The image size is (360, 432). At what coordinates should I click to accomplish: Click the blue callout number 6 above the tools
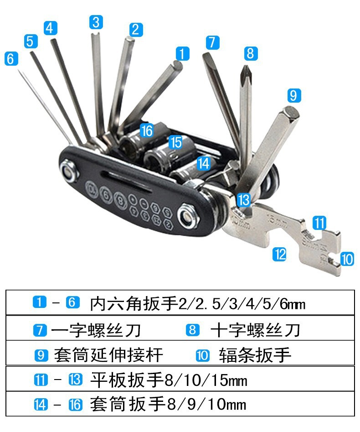11,59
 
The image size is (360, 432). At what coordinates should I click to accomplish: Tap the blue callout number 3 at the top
96,22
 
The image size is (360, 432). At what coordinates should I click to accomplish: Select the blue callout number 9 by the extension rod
294,95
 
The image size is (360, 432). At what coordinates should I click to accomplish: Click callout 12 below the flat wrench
279,254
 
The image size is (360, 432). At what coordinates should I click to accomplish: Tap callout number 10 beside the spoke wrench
347,259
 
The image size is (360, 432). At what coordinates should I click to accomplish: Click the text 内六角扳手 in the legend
134,303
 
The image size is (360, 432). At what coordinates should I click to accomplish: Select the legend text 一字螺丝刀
96,330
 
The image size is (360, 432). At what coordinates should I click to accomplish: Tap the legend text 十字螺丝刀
255,330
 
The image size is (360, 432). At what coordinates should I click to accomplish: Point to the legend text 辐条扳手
255,355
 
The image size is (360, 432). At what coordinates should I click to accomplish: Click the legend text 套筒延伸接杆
108,355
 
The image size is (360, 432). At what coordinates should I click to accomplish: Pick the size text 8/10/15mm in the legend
206,380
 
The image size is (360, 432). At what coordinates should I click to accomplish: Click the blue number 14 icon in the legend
41,405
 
